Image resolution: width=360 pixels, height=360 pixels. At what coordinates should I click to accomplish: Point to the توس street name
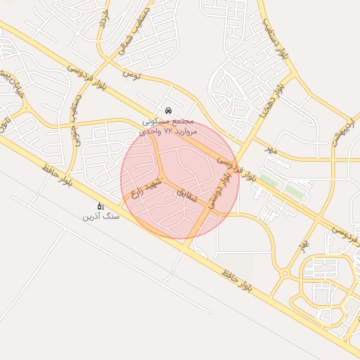click(132, 73)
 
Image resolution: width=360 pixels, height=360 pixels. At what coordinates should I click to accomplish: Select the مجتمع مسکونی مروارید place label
click(167, 122)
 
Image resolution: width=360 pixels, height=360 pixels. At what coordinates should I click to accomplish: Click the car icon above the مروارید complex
click(167, 110)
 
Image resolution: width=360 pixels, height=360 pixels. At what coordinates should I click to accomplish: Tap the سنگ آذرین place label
click(101, 217)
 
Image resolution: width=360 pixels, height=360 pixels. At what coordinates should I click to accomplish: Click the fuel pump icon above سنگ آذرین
click(101, 206)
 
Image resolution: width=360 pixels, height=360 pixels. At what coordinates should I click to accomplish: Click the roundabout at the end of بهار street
click(285, 273)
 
